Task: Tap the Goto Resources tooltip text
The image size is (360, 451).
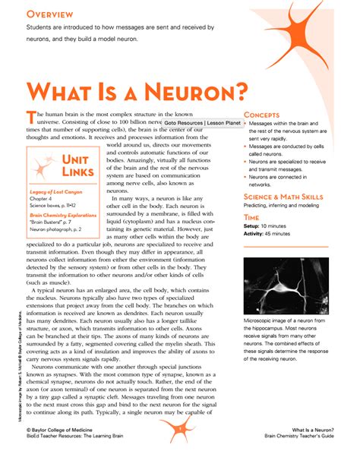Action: click(x=183, y=122)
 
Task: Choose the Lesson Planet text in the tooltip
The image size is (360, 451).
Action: click(x=223, y=122)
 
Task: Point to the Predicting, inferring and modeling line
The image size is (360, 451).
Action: click(x=287, y=206)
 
